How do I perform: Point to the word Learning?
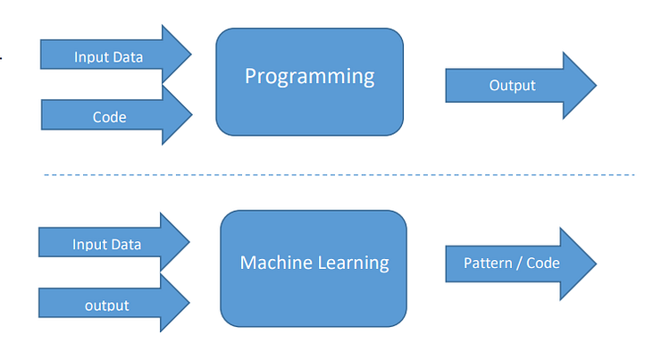355,263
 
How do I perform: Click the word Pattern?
488,264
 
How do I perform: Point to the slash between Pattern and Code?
520,264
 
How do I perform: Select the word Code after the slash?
543,264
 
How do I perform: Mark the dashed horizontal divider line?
339,174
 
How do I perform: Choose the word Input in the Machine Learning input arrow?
88,244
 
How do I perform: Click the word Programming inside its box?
310,76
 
